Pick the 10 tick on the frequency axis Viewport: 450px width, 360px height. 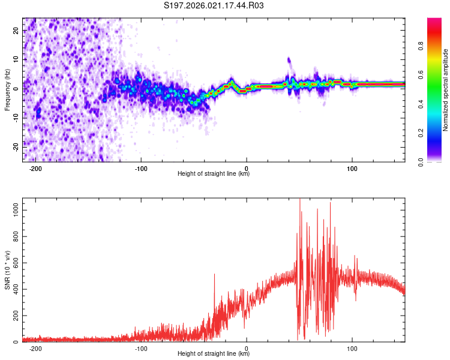17,59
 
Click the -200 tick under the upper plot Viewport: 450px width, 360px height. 35,167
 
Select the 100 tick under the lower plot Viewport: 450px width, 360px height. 352,348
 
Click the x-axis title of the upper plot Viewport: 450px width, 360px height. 214,174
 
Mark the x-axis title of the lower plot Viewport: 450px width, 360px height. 214,354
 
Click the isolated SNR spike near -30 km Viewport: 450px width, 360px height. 214,276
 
